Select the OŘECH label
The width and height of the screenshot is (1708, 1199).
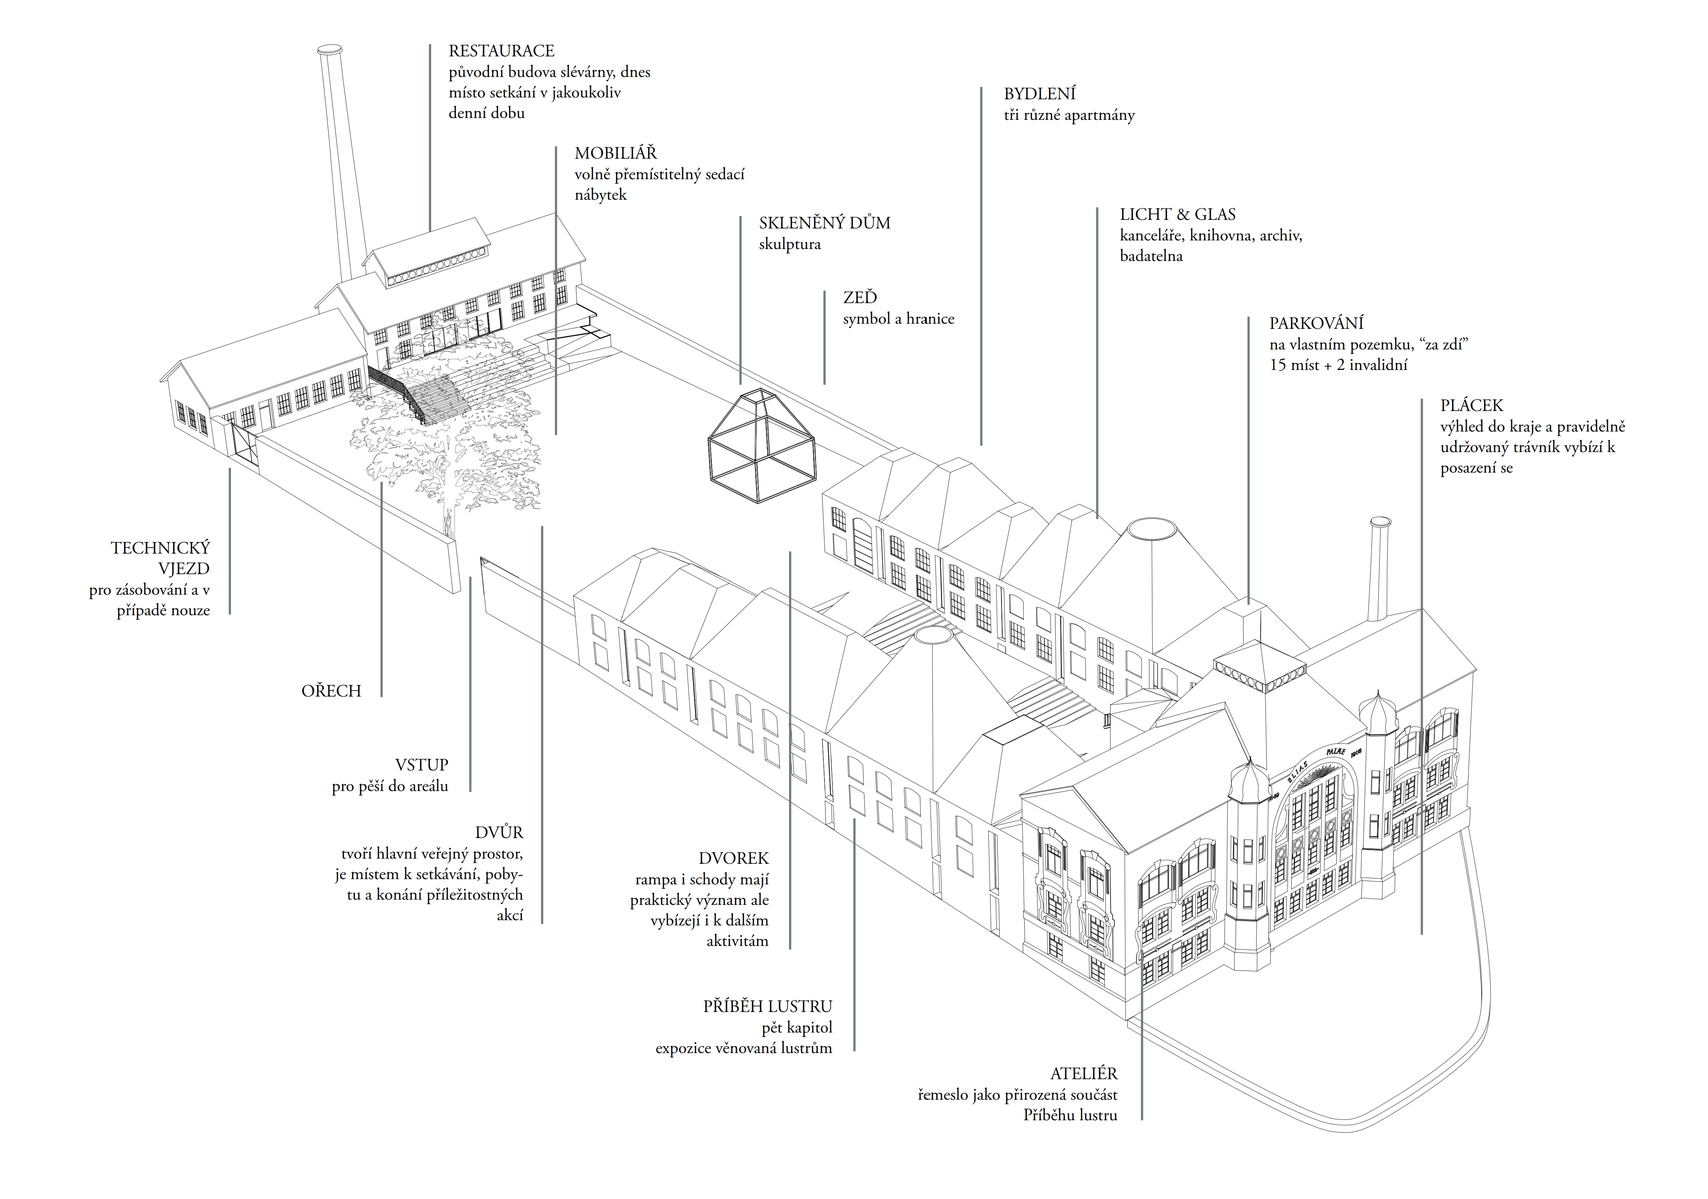click(x=331, y=691)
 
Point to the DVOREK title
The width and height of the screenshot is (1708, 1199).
click(x=733, y=858)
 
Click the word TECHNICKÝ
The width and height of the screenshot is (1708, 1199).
click(x=161, y=548)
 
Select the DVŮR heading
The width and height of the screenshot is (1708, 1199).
click(x=499, y=832)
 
